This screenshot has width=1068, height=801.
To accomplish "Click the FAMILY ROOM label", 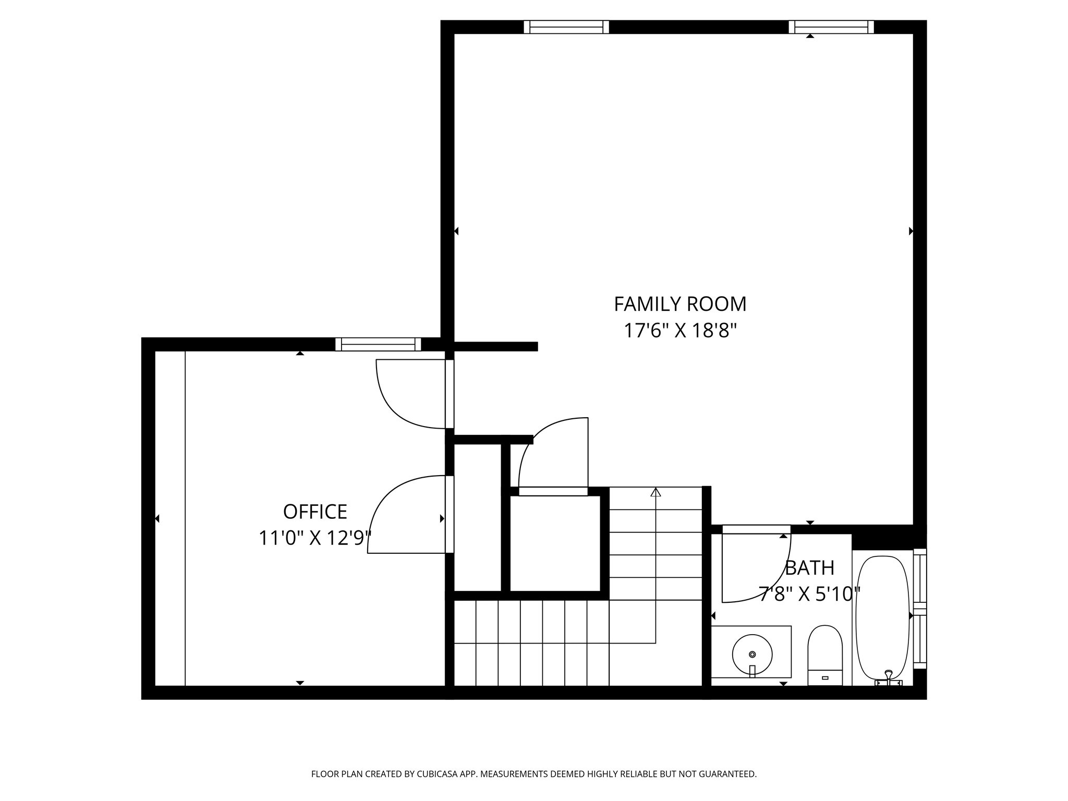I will click(680, 304).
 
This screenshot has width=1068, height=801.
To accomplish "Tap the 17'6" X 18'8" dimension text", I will click(680, 331).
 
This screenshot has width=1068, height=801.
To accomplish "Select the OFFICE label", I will click(315, 512).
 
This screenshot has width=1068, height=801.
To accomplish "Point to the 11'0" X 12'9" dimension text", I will click(315, 538).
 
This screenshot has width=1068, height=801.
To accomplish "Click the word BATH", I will click(809, 568).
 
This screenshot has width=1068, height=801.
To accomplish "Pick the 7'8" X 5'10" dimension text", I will click(809, 594).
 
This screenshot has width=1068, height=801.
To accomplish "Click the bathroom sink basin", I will click(752, 654).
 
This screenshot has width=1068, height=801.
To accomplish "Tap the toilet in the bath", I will click(825, 654).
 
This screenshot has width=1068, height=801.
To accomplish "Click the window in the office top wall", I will click(378, 344).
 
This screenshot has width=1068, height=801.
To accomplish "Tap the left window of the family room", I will click(566, 27).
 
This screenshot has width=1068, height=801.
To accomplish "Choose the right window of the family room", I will click(831, 27).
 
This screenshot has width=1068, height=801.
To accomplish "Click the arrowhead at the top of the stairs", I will click(656, 492).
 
